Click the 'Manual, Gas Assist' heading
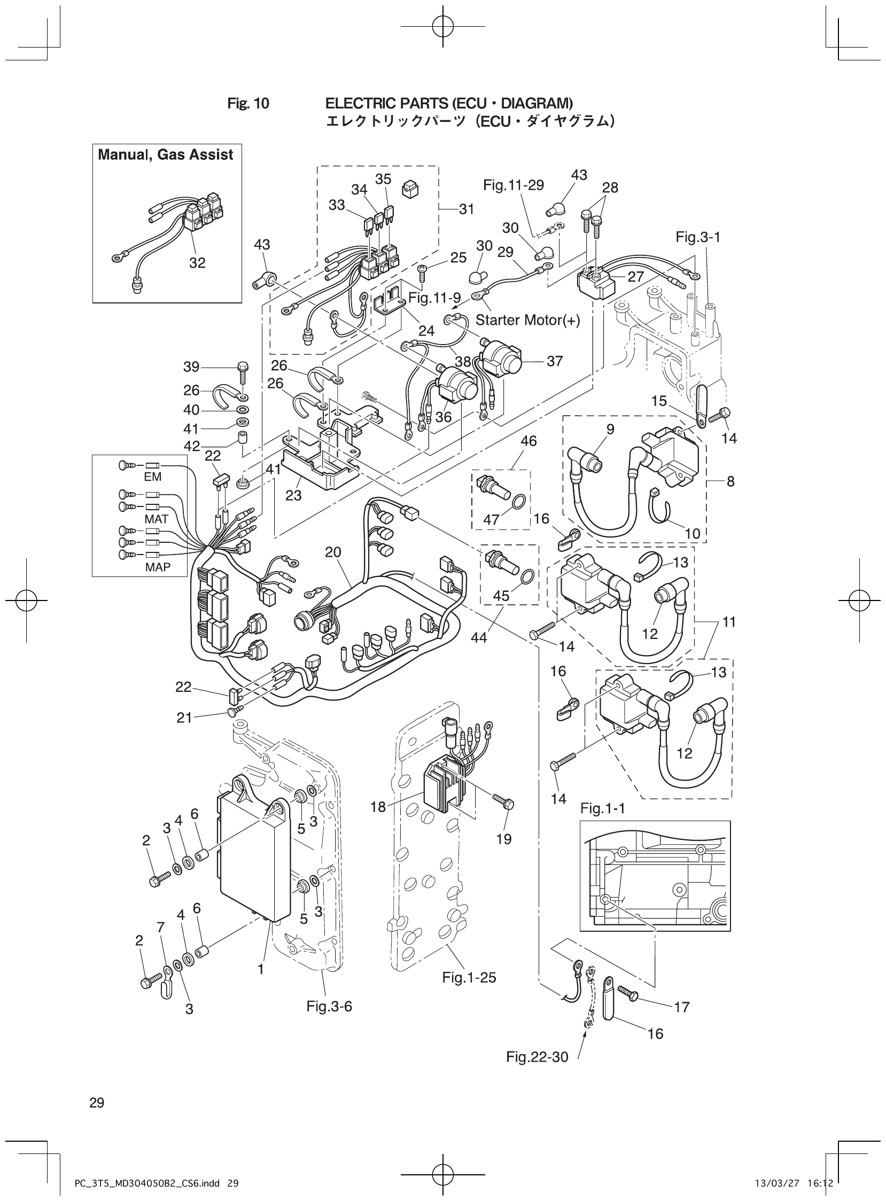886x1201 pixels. pos(165,155)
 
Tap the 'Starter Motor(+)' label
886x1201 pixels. pos(528,321)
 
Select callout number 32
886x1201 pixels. pos(197,263)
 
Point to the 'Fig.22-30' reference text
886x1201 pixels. pos(537,1057)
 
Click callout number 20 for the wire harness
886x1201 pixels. pos(333,552)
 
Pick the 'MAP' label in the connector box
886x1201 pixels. pos(158,567)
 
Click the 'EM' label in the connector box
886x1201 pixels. pos(152,477)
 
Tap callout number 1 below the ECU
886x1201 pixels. pos(261,969)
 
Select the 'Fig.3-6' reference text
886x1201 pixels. pos(329,1007)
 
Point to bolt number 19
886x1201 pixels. pos(503,839)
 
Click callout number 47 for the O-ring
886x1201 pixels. pos(492,519)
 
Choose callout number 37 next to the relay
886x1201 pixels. pos(555,361)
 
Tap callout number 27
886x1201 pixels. pos(635,277)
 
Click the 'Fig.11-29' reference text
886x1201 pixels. pos(513,185)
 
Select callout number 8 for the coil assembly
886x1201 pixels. pos(730,481)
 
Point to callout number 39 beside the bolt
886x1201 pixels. pos(191,366)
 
